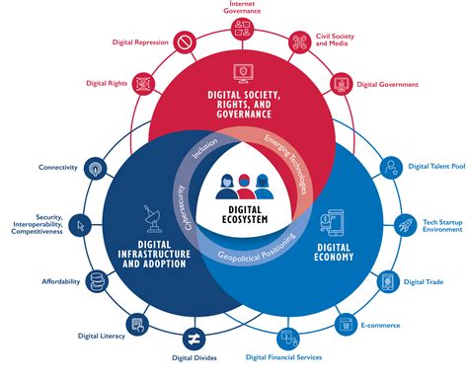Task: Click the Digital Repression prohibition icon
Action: (x=185, y=42)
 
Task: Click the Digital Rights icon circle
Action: (x=145, y=83)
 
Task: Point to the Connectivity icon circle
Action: (x=94, y=167)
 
